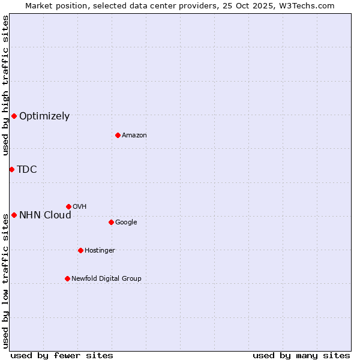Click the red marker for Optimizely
[x=14, y=116]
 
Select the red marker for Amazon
[x=118, y=135]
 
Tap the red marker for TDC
[x=11, y=169]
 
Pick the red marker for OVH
[x=68, y=206]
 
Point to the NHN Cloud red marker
[x=14, y=215]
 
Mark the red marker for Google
[x=111, y=222]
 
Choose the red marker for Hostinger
[x=80, y=250]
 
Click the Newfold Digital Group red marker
[x=67, y=278]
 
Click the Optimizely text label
[x=44, y=116]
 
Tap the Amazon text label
[x=134, y=136]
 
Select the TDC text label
[x=27, y=170]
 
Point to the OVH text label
[x=80, y=207]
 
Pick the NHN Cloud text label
[x=45, y=215]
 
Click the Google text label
[x=126, y=223]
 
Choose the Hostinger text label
[x=100, y=251]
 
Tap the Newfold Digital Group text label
[x=106, y=279]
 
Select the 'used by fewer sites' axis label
[x=62, y=355]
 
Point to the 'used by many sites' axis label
[x=301, y=355]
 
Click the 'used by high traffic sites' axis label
[x=5, y=85]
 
